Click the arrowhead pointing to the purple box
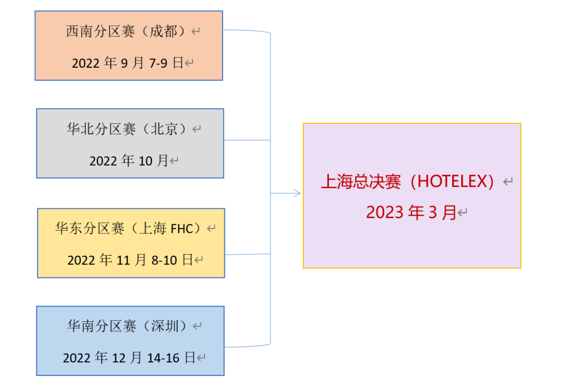pos(297,193)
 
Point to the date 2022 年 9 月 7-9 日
pos(127,64)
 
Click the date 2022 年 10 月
pos(129,161)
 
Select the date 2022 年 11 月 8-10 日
pos(130,260)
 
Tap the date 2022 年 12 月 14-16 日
pos(129,358)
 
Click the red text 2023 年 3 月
pos(411,212)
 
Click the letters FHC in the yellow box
pos(182,229)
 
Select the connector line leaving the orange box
pos(247,31)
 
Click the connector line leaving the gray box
pos(247,140)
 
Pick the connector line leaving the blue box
pos(247,346)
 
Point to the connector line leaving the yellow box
pos(248,254)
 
